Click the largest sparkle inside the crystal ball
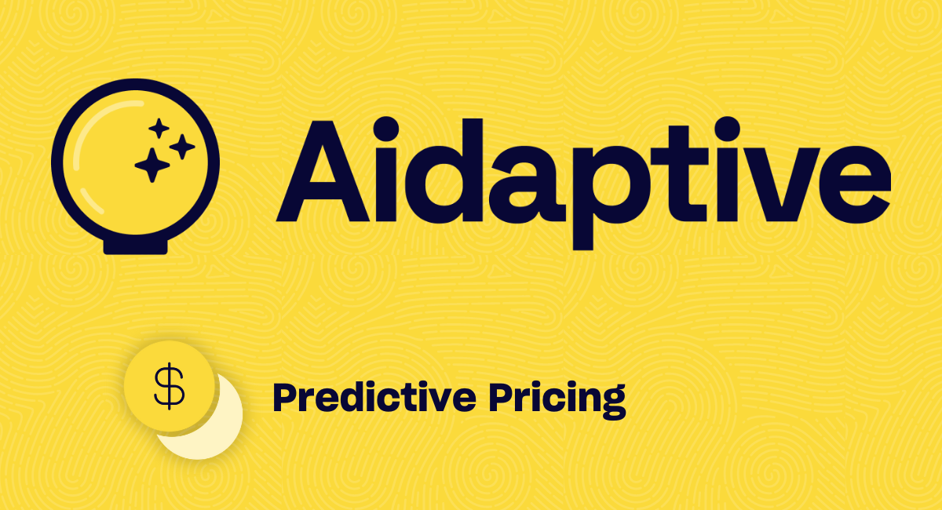pyautogui.click(x=152, y=164)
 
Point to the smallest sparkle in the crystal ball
pyautogui.click(x=159, y=128)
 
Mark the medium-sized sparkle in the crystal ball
pyautogui.click(x=182, y=146)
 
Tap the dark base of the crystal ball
pyautogui.click(x=136, y=246)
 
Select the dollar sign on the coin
pyautogui.click(x=168, y=386)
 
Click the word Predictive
pyautogui.click(x=374, y=398)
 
